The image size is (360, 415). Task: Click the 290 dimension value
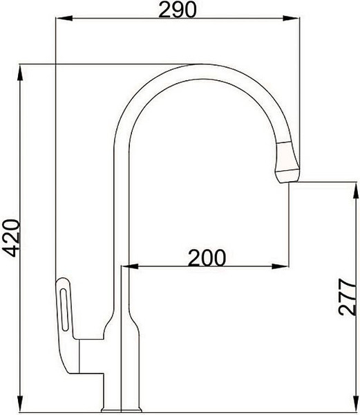(x=178, y=9)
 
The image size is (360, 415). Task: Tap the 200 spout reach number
(x=206, y=257)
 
